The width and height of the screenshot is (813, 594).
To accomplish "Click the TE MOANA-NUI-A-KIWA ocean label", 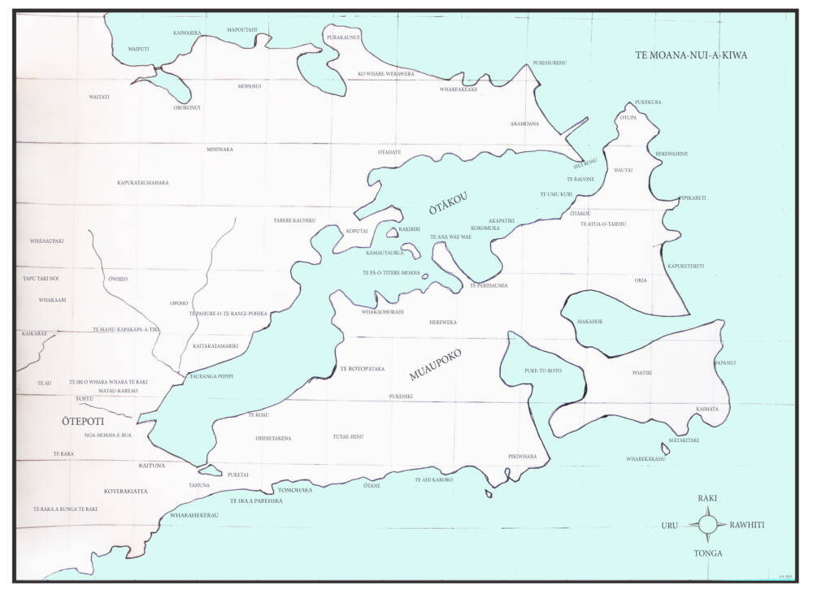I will click(x=691, y=55).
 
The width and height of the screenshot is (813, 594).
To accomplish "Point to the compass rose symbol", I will click(x=707, y=524).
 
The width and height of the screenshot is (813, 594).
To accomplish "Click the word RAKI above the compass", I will click(x=707, y=497).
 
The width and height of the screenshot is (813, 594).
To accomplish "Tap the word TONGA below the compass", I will click(x=707, y=553).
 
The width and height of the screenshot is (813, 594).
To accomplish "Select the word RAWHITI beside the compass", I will click(x=746, y=525).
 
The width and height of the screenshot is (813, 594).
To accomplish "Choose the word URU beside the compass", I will click(x=669, y=526).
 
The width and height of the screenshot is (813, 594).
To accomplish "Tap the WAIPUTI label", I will click(x=139, y=50).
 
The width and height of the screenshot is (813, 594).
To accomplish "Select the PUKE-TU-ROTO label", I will click(x=543, y=371).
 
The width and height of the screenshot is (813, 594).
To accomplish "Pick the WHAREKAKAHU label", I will click(x=646, y=459).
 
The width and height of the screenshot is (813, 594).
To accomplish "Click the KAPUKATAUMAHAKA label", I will click(x=142, y=183).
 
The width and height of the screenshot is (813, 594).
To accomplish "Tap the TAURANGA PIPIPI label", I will click(x=211, y=377).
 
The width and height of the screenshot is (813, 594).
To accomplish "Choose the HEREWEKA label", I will click(x=443, y=323).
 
